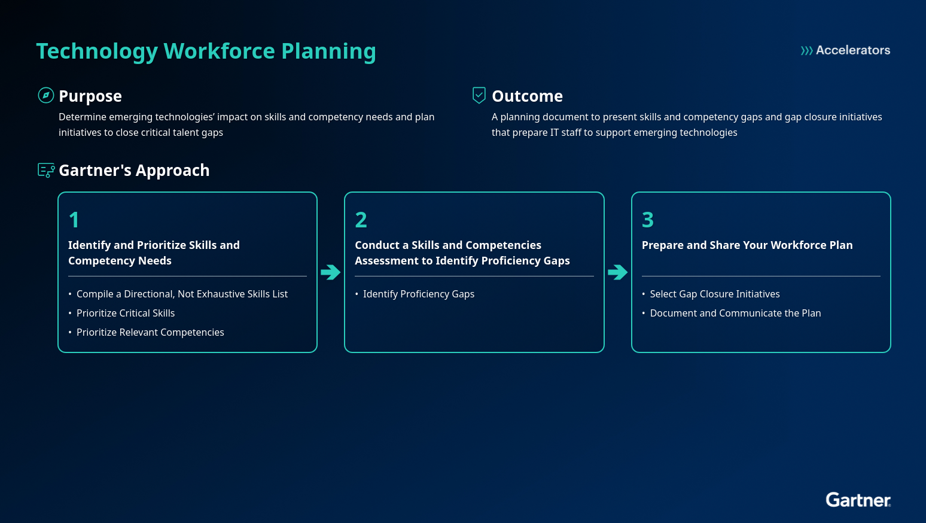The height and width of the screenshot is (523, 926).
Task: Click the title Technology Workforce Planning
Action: click(x=206, y=51)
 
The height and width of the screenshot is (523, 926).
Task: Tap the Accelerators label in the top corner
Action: click(x=845, y=50)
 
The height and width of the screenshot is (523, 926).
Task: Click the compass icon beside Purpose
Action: click(x=46, y=95)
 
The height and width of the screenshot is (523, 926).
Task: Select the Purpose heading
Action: click(x=90, y=96)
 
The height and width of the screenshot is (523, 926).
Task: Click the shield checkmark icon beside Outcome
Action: click(x=479, y=95)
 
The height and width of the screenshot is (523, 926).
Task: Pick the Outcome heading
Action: click(x=527, y=96)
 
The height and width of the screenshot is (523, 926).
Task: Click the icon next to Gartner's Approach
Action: click(x=46, y=171)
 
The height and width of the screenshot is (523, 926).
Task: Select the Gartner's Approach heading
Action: click(x=134, y=171)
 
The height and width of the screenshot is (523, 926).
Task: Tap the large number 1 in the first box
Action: click(x=74, y=220)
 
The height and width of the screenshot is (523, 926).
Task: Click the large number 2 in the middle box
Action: click(x=361, y=220)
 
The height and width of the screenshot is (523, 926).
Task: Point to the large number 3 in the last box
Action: click(x=648, y=220)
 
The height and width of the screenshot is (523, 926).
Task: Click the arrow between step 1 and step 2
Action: click(x=330, y=272)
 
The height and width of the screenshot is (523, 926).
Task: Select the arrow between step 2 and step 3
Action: click(x=617, y=272)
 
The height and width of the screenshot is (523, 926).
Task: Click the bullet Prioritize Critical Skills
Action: click(x=126, y=313)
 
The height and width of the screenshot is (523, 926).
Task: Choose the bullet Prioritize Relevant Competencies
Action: click(x=150, y=332)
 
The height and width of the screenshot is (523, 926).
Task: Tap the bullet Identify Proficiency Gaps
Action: click(x=418, y=294)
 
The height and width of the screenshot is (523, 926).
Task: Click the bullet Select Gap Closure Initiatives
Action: click(x=715, y=294)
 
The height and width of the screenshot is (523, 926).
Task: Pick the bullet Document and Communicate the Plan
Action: click(x=735, y=313)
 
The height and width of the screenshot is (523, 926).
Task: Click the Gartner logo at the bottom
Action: click(x=858, y=500)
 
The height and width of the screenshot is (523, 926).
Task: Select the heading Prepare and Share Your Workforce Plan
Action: click(x=747, y=245)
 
